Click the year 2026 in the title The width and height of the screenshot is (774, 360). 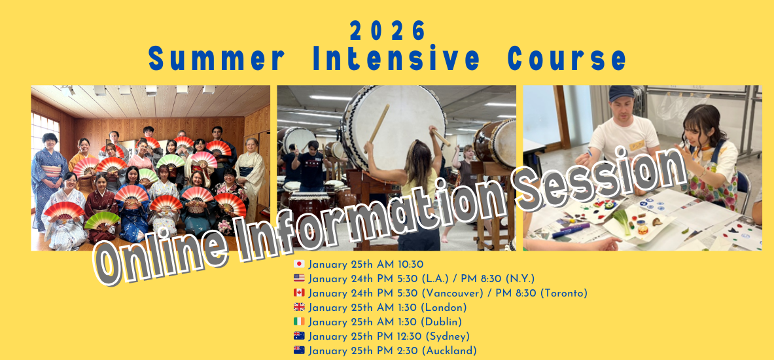click(387, 31)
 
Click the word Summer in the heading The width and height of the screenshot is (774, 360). click(217, 60)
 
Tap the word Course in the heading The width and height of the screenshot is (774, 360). click(567, 60)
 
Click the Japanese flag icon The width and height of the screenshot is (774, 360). click(299, 264)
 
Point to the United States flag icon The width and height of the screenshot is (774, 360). click(299, 279)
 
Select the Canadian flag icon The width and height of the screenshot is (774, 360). click(299, 293)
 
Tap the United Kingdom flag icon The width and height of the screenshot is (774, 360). click(299, 307)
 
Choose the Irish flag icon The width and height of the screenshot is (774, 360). click(299, 321)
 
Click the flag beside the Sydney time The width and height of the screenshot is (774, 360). click(299, 336)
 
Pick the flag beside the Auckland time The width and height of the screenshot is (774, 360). click(299, 350)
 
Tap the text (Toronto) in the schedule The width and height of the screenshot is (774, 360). click(564, 293)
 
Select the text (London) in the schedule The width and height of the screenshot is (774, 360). click(444, 308)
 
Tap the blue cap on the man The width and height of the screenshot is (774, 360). click(620, 94)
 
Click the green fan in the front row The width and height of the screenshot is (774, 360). click(101, 220)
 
